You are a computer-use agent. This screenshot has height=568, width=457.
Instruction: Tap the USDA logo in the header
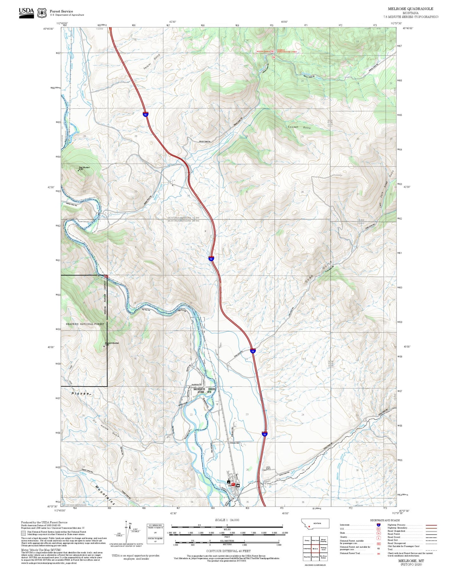click(26, 13)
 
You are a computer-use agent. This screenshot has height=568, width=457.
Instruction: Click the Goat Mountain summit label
click(84, 167)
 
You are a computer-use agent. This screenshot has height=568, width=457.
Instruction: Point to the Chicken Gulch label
click(299, 127)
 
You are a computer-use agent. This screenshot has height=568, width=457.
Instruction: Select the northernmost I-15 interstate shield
click(145, 114)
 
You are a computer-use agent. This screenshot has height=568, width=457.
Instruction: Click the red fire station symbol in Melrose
click(233, 484)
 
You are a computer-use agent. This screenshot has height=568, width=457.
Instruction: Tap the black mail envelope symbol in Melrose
click(238, 485)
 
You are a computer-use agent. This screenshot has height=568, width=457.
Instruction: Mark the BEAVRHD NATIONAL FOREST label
click(85, 324)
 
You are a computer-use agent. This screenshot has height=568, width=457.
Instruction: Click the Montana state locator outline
click(316, 524)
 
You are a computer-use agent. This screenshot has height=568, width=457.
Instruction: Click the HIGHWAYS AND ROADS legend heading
click(385, 520)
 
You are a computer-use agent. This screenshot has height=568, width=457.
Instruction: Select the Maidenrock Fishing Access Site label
click(204, 390)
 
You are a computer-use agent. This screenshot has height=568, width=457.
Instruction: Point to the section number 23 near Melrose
click(247, 414)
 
